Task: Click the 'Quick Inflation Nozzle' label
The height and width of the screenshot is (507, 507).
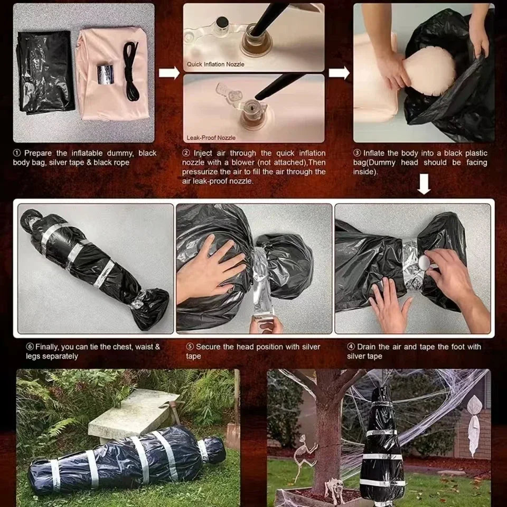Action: click(x=215, y=64)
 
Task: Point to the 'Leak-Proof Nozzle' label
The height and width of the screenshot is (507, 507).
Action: click(x=211, y=137)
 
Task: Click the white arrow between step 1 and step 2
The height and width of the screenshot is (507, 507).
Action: click(x=169, y=72)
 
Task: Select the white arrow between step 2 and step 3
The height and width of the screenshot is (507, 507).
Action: click(x=339, y=72)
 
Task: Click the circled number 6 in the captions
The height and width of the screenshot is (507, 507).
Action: click(x=31, y=347)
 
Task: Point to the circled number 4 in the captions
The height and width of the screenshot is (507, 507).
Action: click(x=351, y=347)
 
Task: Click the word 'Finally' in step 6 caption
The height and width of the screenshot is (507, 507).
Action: click(x=48, y=347)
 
